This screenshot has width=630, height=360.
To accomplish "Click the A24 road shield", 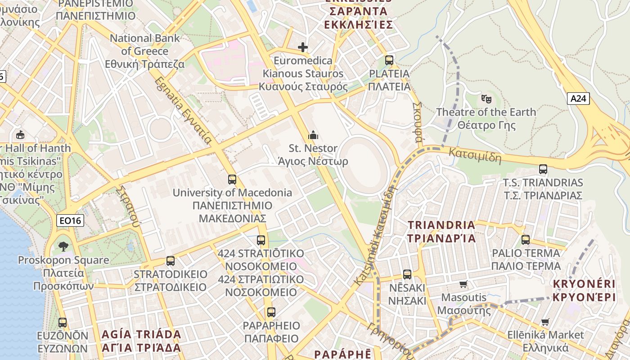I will pyautogui.click(x=578, y=99).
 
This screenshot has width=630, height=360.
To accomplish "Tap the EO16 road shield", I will pyautogui.click(x=71, y=220).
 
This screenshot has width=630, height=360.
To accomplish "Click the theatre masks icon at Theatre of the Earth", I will pyautogui.click(x=486, y=99).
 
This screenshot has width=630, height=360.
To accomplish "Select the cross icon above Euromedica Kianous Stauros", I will pyautogui.click(x=303, y=47).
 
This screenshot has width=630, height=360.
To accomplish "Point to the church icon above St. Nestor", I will pyautogui.click(x=313, y=135).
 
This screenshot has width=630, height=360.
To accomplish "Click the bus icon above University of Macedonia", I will pyautogui.click(x=232, y=180).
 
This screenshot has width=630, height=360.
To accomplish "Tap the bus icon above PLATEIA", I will pyautogui.click(x=389, y=60).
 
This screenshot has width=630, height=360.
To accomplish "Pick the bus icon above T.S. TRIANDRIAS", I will pyautogui.click(x=543, y=169).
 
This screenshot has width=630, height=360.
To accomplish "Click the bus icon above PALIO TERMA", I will pyautogui.click(x=526, y=240).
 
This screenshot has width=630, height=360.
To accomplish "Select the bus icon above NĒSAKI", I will pyautogui.click(x=407, y=274).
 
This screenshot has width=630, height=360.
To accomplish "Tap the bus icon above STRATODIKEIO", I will pyautogui.click(x=170, y=261).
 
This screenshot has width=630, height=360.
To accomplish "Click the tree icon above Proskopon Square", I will pyautogui.click(x=63, y=246).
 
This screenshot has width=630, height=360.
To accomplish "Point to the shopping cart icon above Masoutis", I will pyautogui.click(x=463, y=284).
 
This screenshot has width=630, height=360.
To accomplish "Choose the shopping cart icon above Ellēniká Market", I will pyautogui.click(x=545, y=322).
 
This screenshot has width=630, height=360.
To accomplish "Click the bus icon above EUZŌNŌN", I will pyautogui.click(x=63, y=322).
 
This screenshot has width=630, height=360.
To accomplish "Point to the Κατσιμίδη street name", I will pyautogui.click(x=475, y=155).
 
